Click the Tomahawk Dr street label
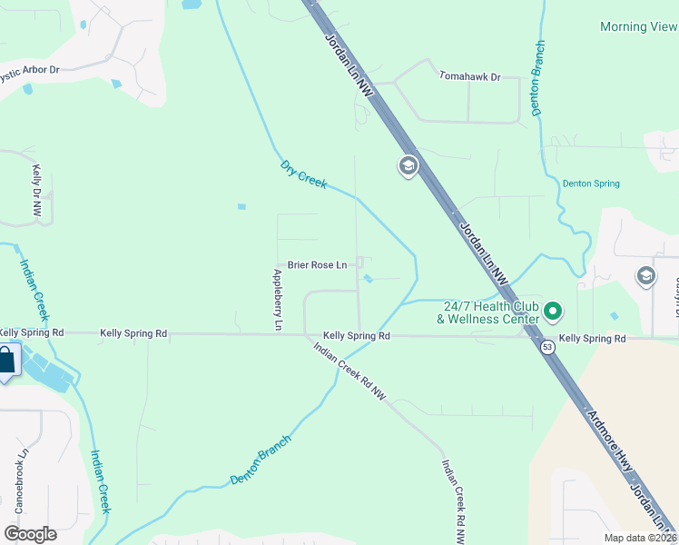click(x=469, y=77)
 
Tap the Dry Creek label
click(x=303, y=174)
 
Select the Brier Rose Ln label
click(x=317, y=265)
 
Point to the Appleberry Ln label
click(x=278, y=299)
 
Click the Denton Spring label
click(x=591, y=183)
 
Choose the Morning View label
click(x=638, y=27)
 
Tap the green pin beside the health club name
click(x=553, y=313)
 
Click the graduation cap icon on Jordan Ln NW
click(x=407, y=166)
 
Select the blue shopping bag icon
click(x=5, y=360)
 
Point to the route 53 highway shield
click(x=546, y=347)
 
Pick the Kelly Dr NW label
click(x=37, y=190)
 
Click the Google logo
click(x=30, y=533)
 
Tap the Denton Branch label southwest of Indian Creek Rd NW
click(x=261, y=459)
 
